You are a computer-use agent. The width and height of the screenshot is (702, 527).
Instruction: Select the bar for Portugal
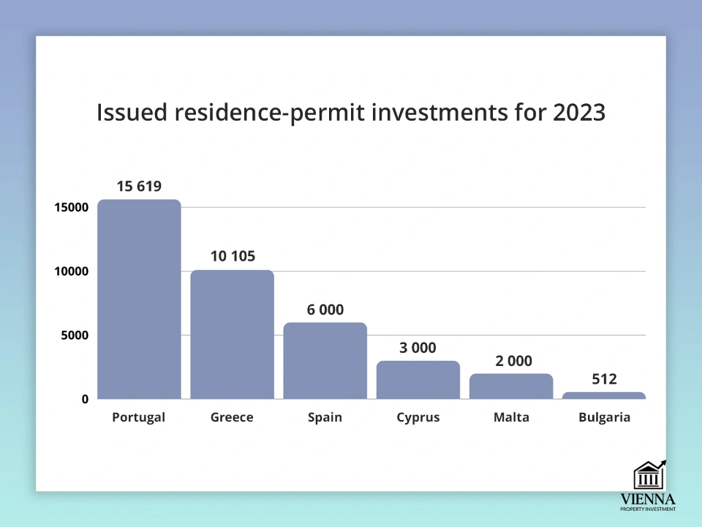tap(139, 299)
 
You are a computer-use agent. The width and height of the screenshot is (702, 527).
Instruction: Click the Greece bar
tap(232, 334)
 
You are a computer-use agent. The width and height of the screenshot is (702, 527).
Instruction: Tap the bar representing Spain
tap(325, 361)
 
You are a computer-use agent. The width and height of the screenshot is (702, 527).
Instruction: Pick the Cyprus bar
tap(418, 380)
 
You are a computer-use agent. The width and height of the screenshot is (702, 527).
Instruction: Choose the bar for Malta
tap(511, 386)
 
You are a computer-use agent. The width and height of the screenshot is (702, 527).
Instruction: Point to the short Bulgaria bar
tap(604, 396)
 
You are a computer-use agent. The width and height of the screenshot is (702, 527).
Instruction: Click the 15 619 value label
tap(139, 186)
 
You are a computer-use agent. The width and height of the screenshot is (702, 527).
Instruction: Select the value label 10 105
tap(233, 256)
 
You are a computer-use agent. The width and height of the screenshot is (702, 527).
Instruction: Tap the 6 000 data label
tap(325, 309)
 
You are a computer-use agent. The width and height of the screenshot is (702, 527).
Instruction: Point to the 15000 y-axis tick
tap(71, 207)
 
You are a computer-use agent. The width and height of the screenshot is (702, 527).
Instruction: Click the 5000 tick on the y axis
tap(75, 335)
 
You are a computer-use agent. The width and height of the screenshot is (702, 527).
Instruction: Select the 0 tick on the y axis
tap(85, 399)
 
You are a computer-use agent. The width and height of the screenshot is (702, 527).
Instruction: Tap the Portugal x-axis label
tap(139, 418)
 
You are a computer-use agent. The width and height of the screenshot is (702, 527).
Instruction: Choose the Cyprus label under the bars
tap(418, 418)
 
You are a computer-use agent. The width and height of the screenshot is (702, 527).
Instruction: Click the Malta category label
tap(511, 418)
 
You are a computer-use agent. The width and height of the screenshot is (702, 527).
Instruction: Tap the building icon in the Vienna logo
tap(648, 475)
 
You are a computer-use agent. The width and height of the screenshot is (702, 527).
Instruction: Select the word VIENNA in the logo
tap(648, 499)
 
